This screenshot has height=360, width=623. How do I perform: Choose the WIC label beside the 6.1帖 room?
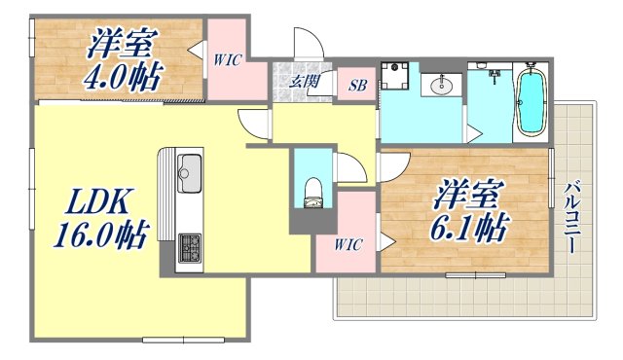348,244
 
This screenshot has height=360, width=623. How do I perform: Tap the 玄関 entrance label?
303,83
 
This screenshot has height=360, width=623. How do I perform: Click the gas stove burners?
189,246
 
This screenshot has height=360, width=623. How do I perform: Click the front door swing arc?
308,44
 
